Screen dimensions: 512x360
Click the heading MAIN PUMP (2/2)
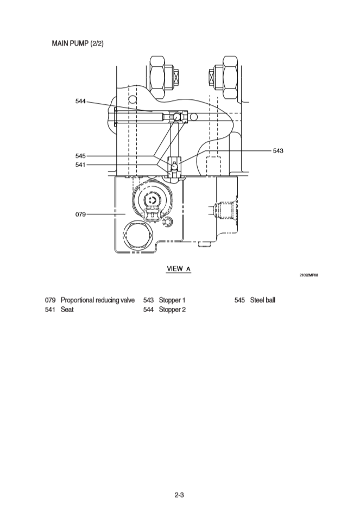coord(78,43)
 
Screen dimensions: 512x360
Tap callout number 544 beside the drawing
coord(80,101)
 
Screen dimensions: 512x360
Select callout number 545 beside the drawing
coord(80,156)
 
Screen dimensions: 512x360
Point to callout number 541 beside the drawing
coord(80,164)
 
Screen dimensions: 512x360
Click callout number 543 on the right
coord(277,150)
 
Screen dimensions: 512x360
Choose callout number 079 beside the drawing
coord(80,214)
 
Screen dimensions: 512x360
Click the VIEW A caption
coord(179,269)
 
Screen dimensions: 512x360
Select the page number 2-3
coord(180,495)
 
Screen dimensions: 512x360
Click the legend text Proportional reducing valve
coord(98,300)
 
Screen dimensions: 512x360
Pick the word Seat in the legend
coord(67,309)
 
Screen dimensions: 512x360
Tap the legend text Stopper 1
coord(172,300)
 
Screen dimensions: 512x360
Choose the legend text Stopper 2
coord(172,309)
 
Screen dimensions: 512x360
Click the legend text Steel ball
coord(263,300)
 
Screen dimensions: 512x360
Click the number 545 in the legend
coord(240,300)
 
